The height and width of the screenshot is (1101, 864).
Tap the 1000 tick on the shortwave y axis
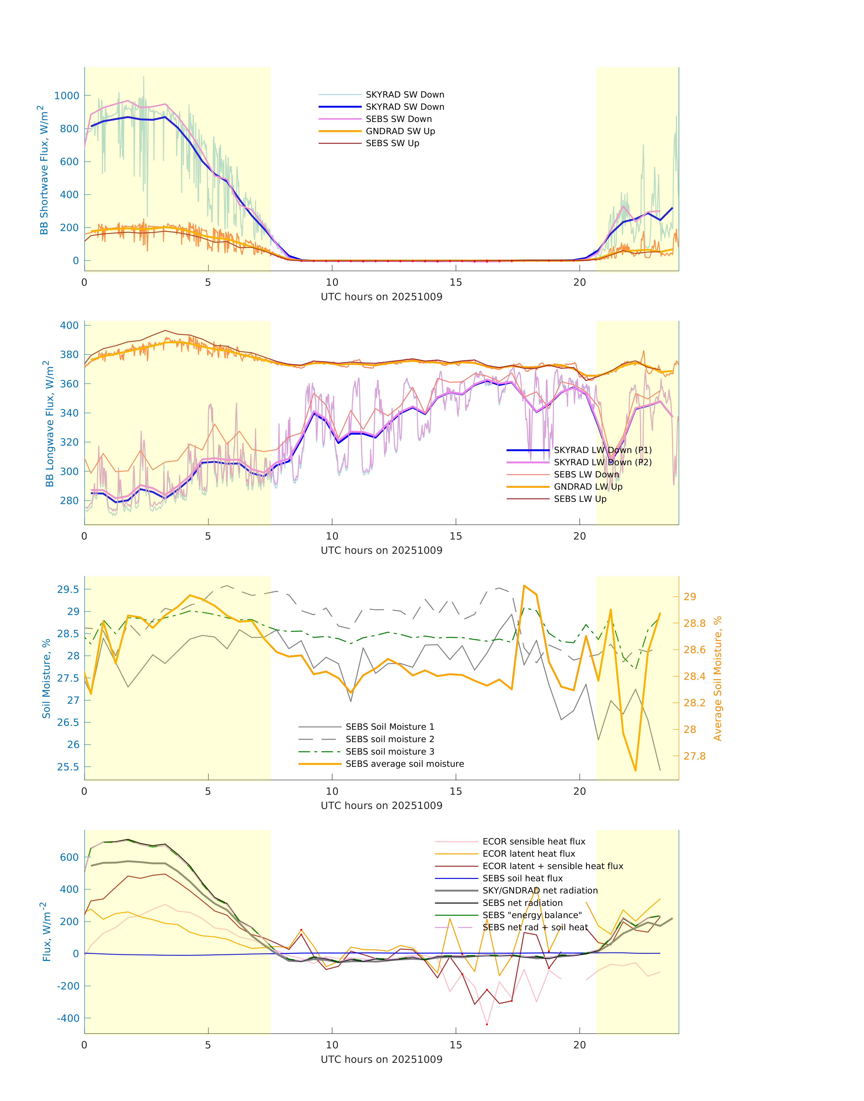coord(67,96)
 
